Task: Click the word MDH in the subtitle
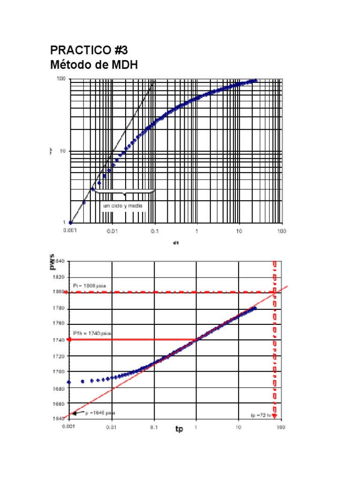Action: pyautogui.click(x=124, y=65)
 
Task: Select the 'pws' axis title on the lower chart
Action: pyautogui.click(x=60, y=262)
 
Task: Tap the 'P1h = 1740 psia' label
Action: pyautogui.click(x=92, y=333)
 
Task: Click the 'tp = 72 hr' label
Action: pyautogui.click(x=261, y=415)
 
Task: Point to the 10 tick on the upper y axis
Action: pyautogui.click(x=63, y=151)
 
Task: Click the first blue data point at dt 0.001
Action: pyautogui.click(x=70, y=222)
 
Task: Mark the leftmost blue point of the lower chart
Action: pyautogui.click(x=69, y=382)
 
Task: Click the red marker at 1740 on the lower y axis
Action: pyautogui.click(x=69, y=339)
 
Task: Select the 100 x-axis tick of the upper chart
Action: pyautogui.click(x=281, y=231)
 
